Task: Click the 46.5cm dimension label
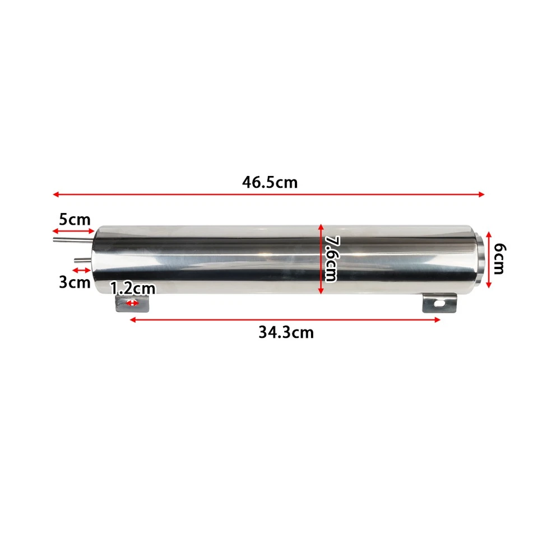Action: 270,182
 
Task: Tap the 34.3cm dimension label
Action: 286,332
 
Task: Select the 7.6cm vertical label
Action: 330,258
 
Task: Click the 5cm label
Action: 75,219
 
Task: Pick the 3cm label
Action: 75,282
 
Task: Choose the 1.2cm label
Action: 132,289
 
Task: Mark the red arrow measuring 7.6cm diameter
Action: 321,258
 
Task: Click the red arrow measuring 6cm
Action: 489,258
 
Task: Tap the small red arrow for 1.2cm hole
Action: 133,303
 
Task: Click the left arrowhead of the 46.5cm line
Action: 55,194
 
